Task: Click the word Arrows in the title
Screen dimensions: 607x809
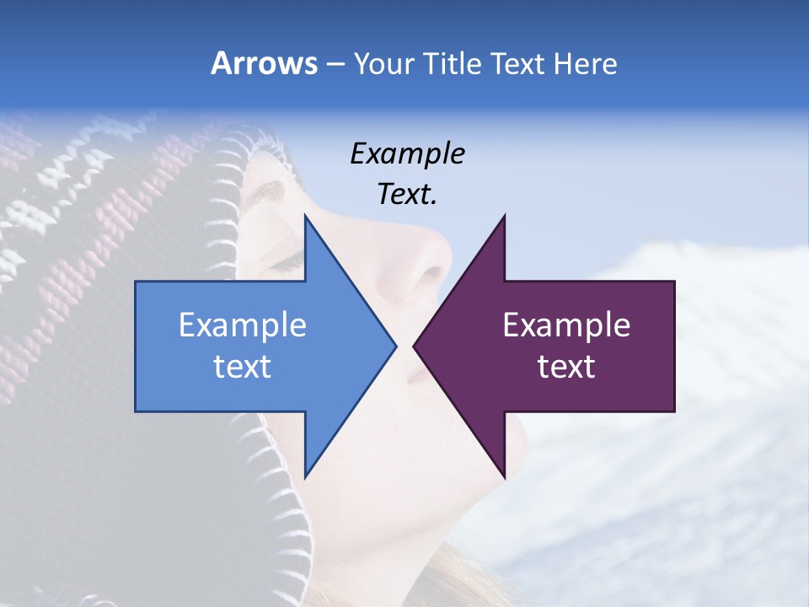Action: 264,64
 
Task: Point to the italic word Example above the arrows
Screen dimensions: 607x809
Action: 408,154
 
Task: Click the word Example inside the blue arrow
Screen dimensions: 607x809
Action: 243,325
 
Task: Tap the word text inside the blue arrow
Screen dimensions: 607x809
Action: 243,367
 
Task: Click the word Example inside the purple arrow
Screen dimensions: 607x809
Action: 566,325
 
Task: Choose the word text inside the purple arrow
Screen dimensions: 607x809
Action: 566,367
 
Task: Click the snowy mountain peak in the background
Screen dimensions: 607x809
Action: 674,253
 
